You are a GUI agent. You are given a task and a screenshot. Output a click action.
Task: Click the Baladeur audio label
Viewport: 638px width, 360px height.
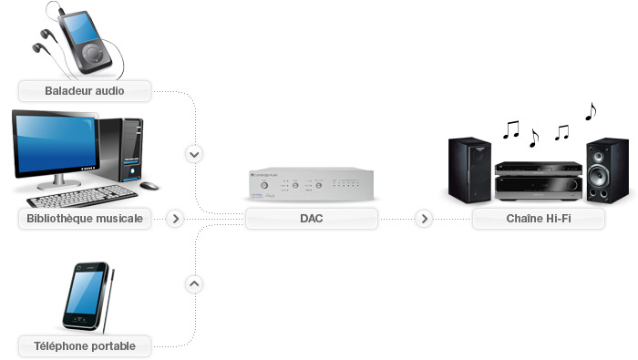tap(84, 90)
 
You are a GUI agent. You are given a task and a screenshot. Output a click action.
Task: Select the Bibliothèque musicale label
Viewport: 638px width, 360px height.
tap(84, 219)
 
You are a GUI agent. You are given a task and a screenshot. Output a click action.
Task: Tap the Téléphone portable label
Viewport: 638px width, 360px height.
tap(84, 345)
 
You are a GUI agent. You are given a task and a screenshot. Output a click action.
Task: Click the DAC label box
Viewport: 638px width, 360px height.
tap(311, 219)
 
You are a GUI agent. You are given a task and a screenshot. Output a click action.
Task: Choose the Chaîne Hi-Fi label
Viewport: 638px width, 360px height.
tap(538, 219)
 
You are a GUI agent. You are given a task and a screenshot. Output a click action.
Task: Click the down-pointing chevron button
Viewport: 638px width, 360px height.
tap(193, 154)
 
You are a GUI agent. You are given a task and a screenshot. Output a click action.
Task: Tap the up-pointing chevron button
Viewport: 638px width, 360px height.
tap(193, 283)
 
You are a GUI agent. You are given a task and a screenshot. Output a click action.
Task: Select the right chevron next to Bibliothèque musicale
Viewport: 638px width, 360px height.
tap(176, 219)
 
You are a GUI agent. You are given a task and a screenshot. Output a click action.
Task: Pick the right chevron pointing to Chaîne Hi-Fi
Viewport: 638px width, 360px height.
tap(423, 219)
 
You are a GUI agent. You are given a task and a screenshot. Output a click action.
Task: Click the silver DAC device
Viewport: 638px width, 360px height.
tap(310, 185)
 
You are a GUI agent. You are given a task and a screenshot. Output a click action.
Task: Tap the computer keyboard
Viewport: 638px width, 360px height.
tap(77, 195)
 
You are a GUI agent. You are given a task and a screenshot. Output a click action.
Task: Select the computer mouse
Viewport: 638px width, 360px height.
tap(149, 186)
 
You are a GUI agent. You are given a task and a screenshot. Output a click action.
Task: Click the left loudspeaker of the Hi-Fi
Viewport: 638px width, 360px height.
tap(469, 170)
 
